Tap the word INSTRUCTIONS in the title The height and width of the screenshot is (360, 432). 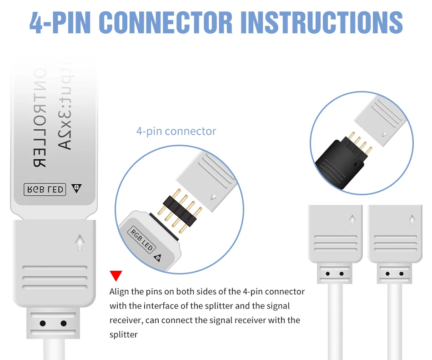click(x=321, y=21)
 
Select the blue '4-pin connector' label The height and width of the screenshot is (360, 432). click(x=176, y=132)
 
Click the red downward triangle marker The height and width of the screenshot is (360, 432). click(x=116, y=276)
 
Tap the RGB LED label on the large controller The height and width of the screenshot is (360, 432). click(x=45, y=189)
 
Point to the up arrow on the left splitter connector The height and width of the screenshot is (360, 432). click(x=352, y=220)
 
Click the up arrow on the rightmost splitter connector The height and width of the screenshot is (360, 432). click(x=412, y=220)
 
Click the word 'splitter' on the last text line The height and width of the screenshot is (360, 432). click(x=123, y=335)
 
